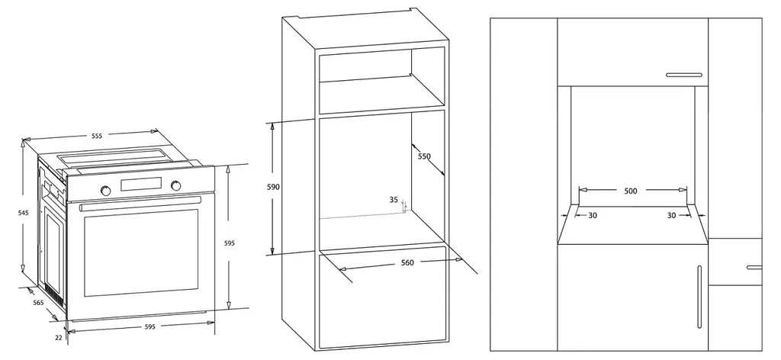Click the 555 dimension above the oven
point(97,136)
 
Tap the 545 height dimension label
point(23,213)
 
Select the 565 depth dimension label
point(38,303)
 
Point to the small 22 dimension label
point(59,337)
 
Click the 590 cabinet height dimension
point(274,187)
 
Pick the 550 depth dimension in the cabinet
point(424,156)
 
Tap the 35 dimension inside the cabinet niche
point(394,200)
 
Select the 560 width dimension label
point(407,262)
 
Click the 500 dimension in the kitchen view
point(631,191)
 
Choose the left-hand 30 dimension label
point(593,216)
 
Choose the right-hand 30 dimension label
point(671,216)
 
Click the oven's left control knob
point(105,190)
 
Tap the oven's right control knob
point(176,186)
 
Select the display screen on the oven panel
point(141,184)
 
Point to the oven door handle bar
point(140,203)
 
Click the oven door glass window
point(141,252)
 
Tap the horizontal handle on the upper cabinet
point(684,76)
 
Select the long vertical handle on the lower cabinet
point(699,297)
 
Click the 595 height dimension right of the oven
point(229,243)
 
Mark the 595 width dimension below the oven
point(150,326)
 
